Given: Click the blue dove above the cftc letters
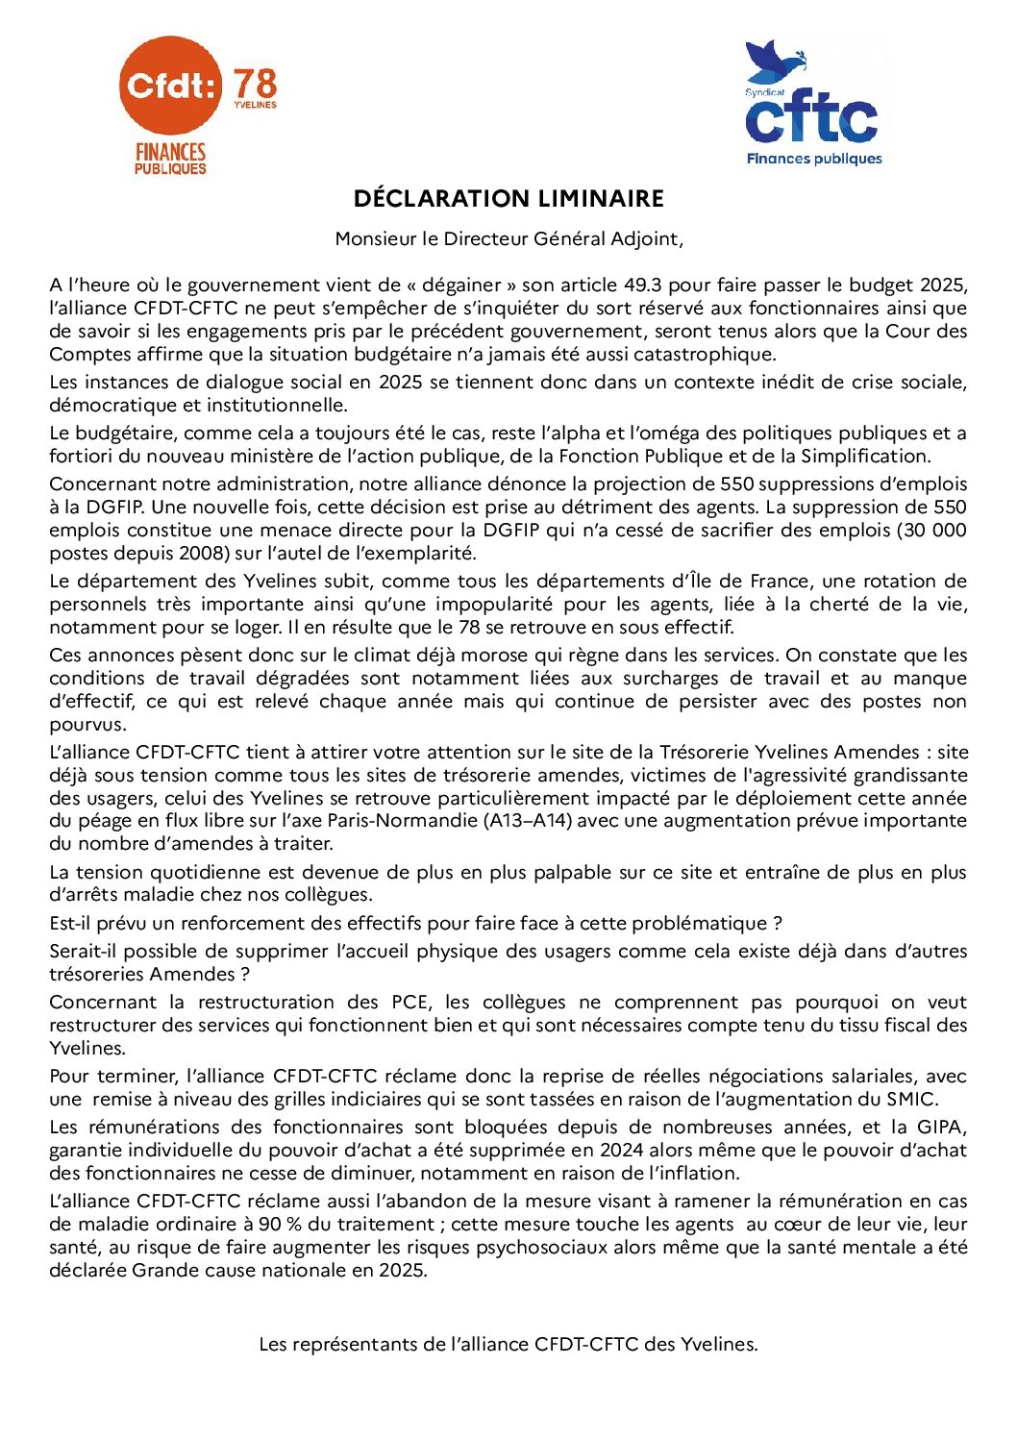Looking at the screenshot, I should click(777, 62).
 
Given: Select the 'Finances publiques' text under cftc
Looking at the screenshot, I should click(814, 160).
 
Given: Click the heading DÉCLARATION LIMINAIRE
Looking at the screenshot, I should click(508, 199).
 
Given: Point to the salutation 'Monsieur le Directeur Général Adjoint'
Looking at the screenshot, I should click(508, 239).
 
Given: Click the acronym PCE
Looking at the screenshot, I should click(409, 1003).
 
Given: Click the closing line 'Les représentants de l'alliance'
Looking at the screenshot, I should click(508, 1345).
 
